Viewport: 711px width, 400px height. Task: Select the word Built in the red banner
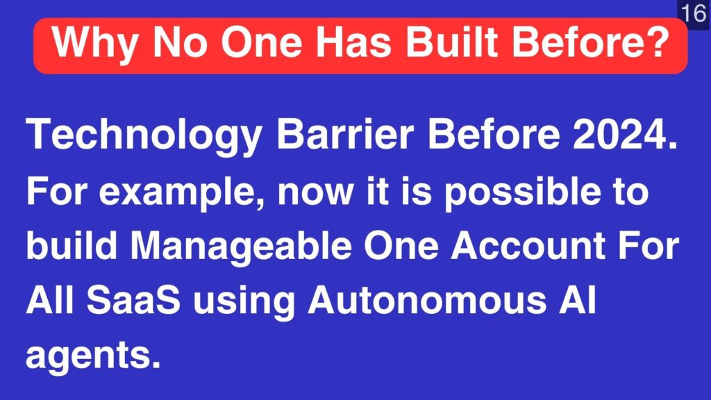pyautogui.click(x=453, y=42)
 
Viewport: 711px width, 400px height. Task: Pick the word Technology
pyautogui.click(x=144, y=135)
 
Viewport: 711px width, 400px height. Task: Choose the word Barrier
pyautogui.click(x=345, y=134)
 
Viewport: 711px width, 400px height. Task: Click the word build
pyautogui.click(x=72, y=246)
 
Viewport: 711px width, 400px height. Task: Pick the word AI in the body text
pyautogui.click(x=577, y=300)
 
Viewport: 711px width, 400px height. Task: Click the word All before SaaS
pyautogui.click(x=50, y=300)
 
